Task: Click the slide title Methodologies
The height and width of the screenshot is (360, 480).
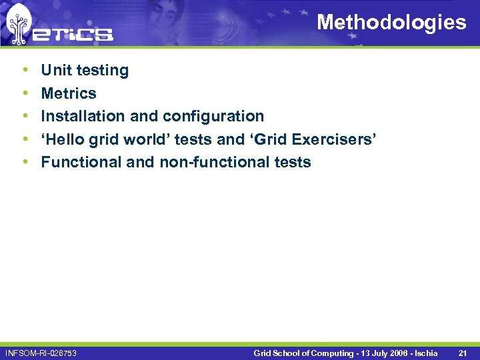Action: tap(391, 22)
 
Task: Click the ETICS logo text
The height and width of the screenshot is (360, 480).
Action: tap(73, 33)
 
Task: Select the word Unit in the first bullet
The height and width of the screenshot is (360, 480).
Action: tap(55, 70)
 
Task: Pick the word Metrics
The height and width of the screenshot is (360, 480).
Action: tap(69, 93)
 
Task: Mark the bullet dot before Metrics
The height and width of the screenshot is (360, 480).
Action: tap(25, 93)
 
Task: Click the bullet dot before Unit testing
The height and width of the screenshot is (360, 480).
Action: tap(25, 70)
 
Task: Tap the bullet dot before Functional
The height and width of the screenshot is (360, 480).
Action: tap(25, 162)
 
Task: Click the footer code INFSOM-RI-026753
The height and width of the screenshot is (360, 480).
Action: tap(41, 353)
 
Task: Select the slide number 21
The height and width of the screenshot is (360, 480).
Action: tap(463, 353)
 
